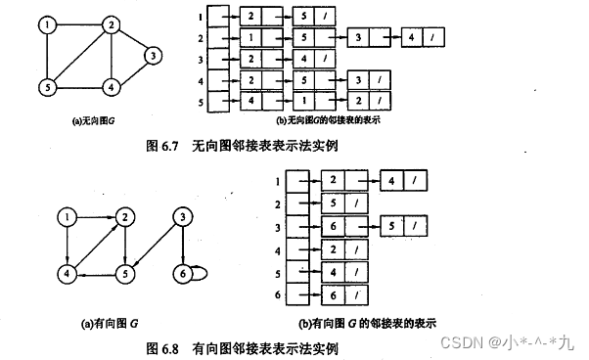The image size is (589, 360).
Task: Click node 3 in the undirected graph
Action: (153, 56)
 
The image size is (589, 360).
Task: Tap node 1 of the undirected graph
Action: (45, 22)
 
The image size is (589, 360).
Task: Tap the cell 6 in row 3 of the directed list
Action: (332, 226)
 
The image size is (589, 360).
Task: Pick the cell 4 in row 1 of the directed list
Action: (392, 182)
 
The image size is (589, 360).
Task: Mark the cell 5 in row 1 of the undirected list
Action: (304, 18)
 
